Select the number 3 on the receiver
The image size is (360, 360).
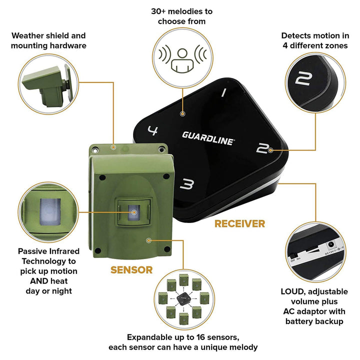coord(186,185)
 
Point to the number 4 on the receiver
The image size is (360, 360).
coord(153,131)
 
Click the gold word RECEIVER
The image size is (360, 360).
coord(239,223)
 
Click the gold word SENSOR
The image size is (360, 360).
coord(131,270)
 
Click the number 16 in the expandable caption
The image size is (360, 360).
coord(205,337)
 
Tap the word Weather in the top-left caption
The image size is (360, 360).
coord(27,35)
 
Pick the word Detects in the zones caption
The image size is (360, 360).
coord(295,35)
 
